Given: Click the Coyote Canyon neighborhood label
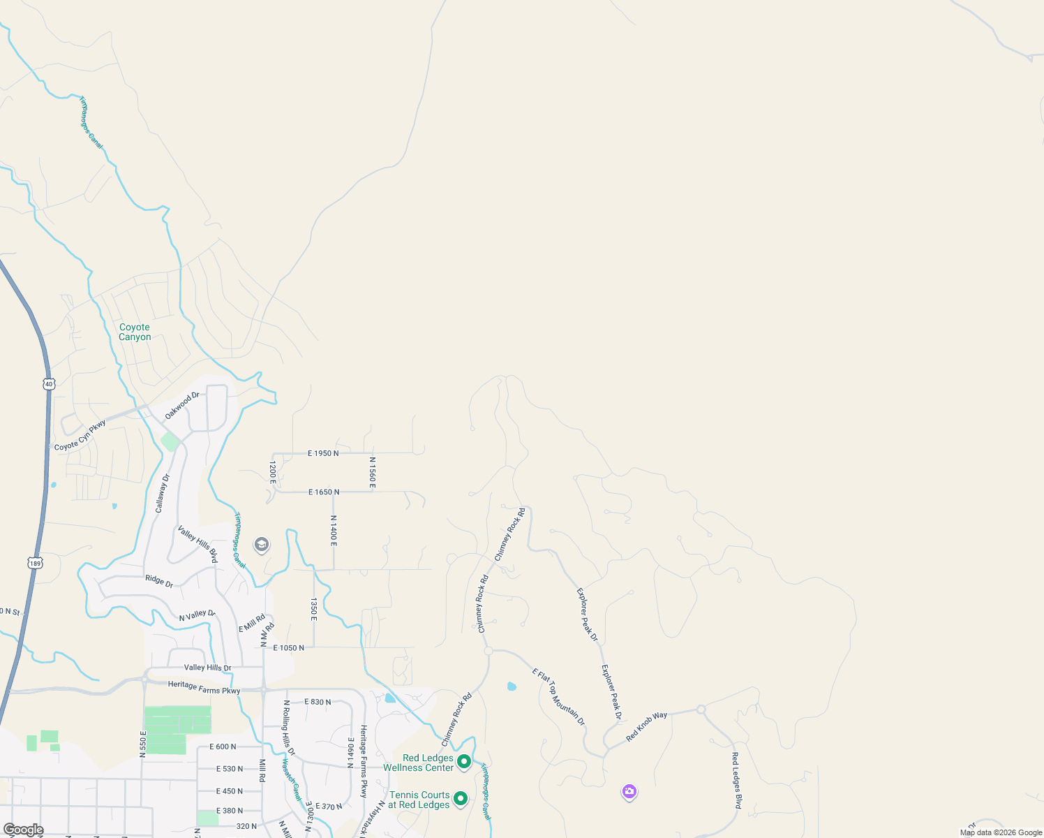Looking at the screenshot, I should (135, 332).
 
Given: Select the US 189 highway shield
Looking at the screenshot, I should (36, 562).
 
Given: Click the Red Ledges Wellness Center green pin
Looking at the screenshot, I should (464, 762).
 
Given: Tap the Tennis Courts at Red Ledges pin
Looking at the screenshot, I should (460, 798).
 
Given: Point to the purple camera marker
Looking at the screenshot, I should (629, 791).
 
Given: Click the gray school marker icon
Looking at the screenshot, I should (262, 545).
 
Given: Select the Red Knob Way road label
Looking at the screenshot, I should (646, 726).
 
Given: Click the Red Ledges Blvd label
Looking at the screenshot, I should (736, 780).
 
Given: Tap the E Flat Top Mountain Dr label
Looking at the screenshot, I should (559, 696).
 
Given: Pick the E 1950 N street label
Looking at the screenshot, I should (323, 453).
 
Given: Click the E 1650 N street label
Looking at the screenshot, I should (324, 492).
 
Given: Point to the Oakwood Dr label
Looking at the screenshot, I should (182, 406).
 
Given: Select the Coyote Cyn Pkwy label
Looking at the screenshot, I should (80, 435).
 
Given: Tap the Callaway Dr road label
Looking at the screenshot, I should (163, 493).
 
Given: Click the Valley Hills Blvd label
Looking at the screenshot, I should (197, 544).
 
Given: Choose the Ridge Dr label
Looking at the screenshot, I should (159, 581).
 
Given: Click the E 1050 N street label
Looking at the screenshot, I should (288, 648).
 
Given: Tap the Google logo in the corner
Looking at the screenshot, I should (23, 830).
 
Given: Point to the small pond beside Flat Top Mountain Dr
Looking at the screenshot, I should (512, 686).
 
